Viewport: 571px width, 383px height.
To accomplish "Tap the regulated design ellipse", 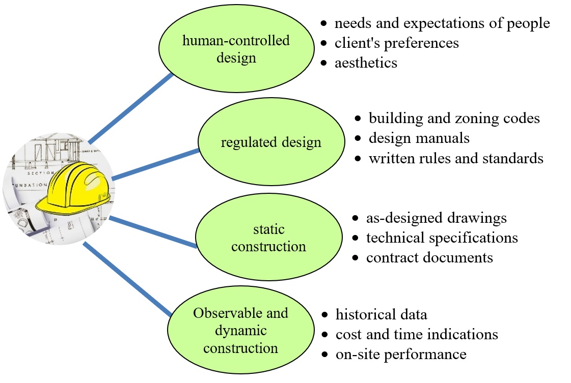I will click(x=271, y=142).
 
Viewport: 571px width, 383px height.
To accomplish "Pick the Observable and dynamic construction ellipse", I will click(x=240, y=330).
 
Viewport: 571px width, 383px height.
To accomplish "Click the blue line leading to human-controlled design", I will click(x=131, y=107).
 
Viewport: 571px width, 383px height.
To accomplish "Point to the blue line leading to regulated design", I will click(x=155, y=164).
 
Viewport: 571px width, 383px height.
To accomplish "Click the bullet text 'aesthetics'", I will click(x=365, y=63).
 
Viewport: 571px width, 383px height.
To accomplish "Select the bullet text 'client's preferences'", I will click(x=396, y=43).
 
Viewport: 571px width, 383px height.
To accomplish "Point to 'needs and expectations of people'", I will click(x=442, y=23).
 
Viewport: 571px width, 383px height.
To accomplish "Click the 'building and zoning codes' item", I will click(x=454, y=119).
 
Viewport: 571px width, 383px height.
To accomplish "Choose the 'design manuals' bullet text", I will click(x=419, y=138).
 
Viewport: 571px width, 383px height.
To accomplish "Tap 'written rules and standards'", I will click(x=456, y=158).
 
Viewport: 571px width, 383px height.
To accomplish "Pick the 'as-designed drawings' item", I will click(x=436, y=218).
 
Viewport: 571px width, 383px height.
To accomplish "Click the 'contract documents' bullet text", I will click(x=429, y=257).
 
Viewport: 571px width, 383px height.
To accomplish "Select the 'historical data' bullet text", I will click(x=381, y=314).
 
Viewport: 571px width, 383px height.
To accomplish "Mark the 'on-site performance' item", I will click(x=400, y=353).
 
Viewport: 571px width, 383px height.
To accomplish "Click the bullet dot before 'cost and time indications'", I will click(x=324, y=335).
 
